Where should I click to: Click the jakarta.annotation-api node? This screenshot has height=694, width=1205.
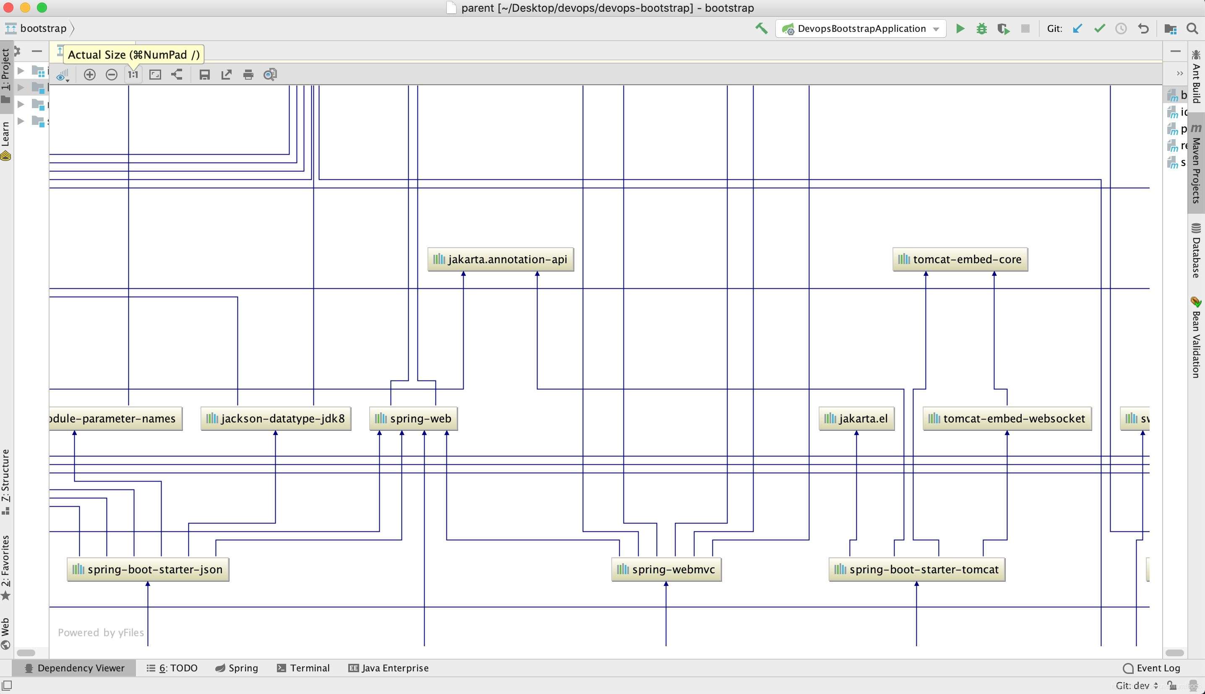[x=501, y=259]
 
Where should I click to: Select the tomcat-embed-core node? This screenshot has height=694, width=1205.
[x=960, y=259]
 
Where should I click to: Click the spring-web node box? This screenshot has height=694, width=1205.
[x=413, y=419]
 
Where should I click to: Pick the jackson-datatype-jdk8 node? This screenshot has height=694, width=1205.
[x=276, y=419]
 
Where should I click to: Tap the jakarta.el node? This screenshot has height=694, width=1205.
[x=856, y=419]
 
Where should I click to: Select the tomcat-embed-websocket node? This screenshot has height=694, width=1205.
[x=1007, y=419]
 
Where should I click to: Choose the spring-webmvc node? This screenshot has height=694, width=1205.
[x=666, y=570]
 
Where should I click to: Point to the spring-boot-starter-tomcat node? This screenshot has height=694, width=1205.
[x=916, y=570]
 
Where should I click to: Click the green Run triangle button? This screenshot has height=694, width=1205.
[x=960, y=28]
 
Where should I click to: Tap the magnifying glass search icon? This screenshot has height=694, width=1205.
[x=1192, y=28]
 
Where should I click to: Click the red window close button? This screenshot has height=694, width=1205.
[x=8, y=8]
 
